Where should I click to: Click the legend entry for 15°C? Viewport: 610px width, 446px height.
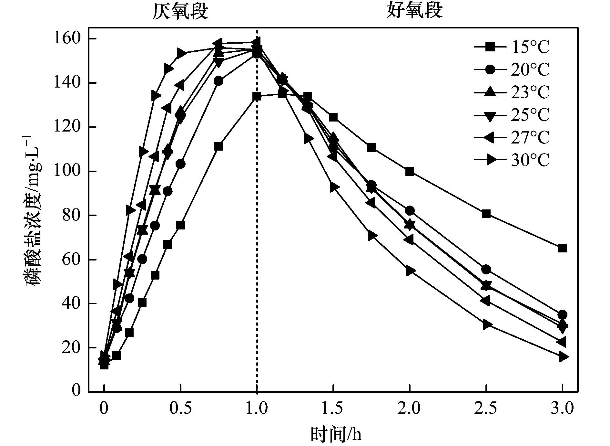(511, 48)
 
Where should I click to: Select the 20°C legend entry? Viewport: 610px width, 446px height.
(511, 70)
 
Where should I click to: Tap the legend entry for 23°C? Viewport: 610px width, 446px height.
(511, 92)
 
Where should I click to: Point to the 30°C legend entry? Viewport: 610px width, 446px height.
(511, 160)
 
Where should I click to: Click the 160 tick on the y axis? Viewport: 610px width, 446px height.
(71, 39)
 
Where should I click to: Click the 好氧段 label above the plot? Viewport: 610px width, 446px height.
(414, 11)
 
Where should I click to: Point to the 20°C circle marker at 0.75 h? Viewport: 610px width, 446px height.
(219, 81)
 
